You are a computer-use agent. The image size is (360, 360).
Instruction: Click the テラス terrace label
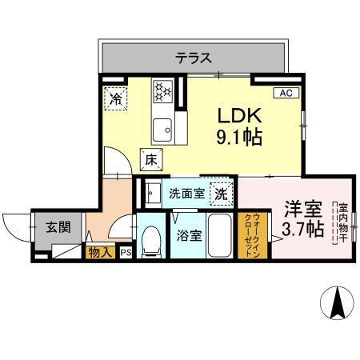click(x=194, y=57)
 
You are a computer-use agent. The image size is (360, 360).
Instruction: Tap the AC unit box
click(x=286, y=94)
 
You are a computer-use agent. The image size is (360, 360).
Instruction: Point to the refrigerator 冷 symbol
click(x=117, y=100)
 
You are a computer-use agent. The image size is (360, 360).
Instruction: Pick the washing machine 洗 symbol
click(x=220, y=193)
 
